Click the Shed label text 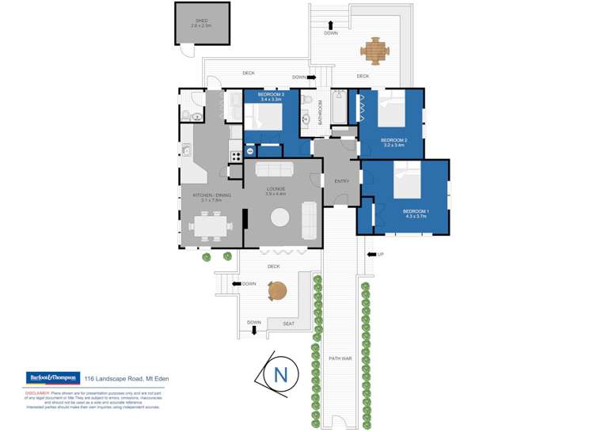(201, 23)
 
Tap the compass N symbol (280, 374)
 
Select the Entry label (341, 181)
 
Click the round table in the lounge (281, 218)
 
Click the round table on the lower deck (278, 292)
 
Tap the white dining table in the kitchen (211, 226)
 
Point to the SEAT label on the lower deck (288, 324)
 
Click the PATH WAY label (340, 358)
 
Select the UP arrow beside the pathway (371, 255)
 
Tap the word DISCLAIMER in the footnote (38, 392)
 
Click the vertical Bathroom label (321, 114)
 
